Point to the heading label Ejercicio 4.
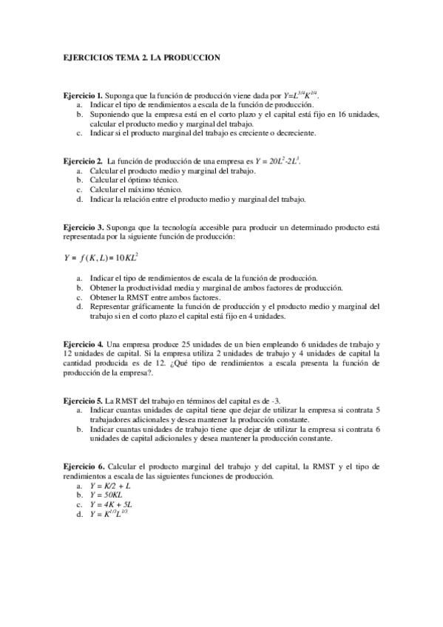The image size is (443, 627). pyautogui.click(x=83, y=345)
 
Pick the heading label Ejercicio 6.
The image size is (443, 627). pyautogui.click(x=83, y=467)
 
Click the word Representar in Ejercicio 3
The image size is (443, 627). pyautogui.click(x=110, y=306)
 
